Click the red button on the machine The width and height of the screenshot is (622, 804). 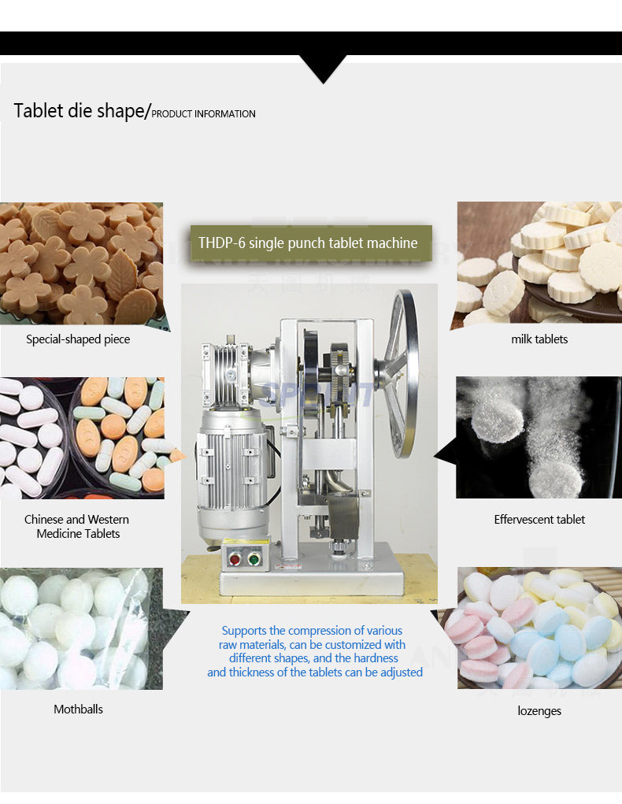[x=235, y=558]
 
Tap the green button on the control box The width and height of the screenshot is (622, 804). [x=254, y=558]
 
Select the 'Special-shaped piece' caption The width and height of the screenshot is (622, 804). [x=78, y=339]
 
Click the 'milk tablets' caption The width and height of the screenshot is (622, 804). [x=539, y=339]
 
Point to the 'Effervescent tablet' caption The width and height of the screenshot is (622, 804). [x=539, y=520]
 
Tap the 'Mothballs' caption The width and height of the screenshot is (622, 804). [x=79, y=710]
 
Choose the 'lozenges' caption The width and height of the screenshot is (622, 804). [x=539, y=710]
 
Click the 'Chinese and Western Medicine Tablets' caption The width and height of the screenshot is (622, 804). [x=77, y=527]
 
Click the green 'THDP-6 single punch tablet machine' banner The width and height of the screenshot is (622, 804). [x=311, y=243]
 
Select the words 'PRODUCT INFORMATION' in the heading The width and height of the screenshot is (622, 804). [x=203, y=114]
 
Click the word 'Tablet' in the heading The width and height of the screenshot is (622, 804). [x=39, y=110]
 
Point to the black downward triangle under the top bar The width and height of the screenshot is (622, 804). [x=323, y=68]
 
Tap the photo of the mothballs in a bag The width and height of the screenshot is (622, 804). [x=81, y=628]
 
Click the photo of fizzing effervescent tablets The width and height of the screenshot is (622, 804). [x=539, y=437]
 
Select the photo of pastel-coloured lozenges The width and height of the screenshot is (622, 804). [x=539, y=628]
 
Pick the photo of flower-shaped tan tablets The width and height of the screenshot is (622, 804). [x=82, y=263]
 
